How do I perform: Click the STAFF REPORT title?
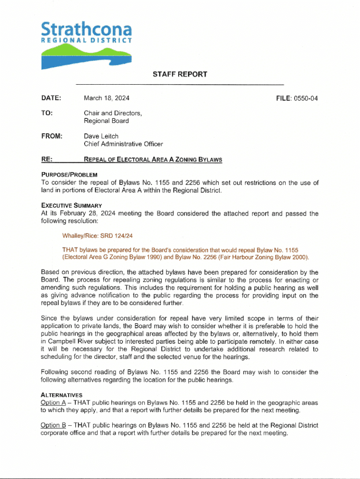(180, 74)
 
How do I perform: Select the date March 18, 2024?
(107, 98)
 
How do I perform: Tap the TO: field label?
(47, 113)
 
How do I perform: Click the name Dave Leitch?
(101, 136)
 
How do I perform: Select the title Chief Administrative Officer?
(123, 144)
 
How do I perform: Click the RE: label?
(46, 160)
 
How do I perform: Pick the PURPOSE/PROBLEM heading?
(69, 174)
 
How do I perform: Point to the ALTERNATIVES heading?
(62, 395)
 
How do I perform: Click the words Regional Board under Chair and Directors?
(107, 121)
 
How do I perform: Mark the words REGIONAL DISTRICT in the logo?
(86, 41)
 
